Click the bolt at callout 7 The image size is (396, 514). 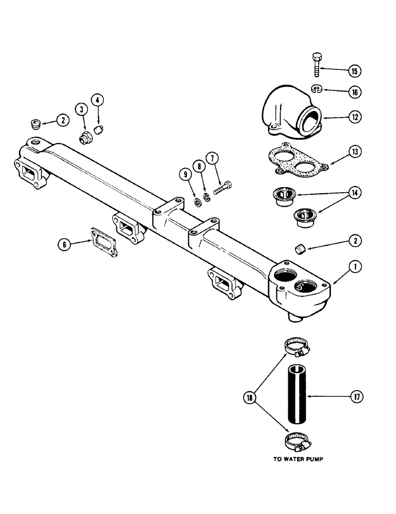tap(223, 188)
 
